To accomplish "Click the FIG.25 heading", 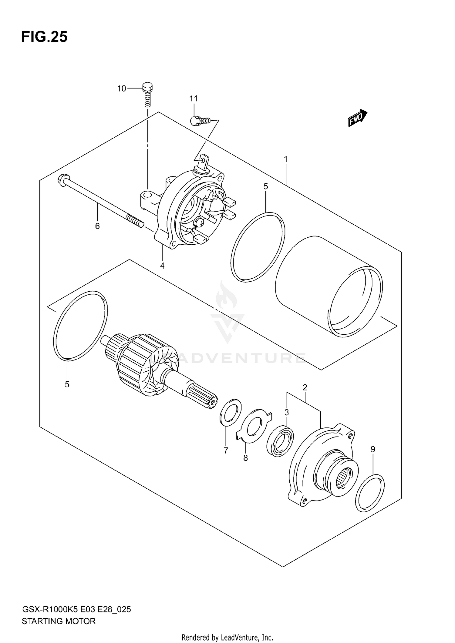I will click(44, 37).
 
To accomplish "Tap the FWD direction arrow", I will click(358, 118).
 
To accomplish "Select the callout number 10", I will click(121, 89).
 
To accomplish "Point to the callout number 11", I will click(194, 99).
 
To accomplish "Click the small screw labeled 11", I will click(199, 121).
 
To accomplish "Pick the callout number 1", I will click(285, 159).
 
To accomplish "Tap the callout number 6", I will click(97, 226).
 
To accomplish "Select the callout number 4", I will click(162, 266).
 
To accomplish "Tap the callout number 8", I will click(245, 458).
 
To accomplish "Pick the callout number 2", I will click(305, 387).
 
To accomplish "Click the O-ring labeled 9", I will click(370, 494).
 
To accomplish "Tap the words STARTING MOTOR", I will click(59, 621).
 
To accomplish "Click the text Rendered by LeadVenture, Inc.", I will click(227, 638).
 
